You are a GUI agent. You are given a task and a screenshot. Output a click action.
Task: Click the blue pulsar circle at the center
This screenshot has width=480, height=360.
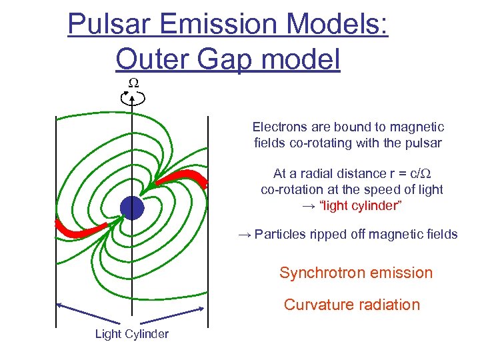coord(132,208)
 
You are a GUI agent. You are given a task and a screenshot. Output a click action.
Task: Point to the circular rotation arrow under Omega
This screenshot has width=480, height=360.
coord(133,98)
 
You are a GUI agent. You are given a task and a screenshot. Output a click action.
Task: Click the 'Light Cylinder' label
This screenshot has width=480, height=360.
coord(131,334)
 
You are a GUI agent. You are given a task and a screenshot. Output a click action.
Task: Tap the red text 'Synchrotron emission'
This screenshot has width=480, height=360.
coord(356,273)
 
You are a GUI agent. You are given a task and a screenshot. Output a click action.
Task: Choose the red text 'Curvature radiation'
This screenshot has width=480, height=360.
coord(352,305)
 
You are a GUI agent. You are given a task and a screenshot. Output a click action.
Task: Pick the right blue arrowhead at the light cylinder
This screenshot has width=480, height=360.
coord(205,305)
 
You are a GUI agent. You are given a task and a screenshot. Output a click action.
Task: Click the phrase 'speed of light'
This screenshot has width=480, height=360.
coord(404,189)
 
